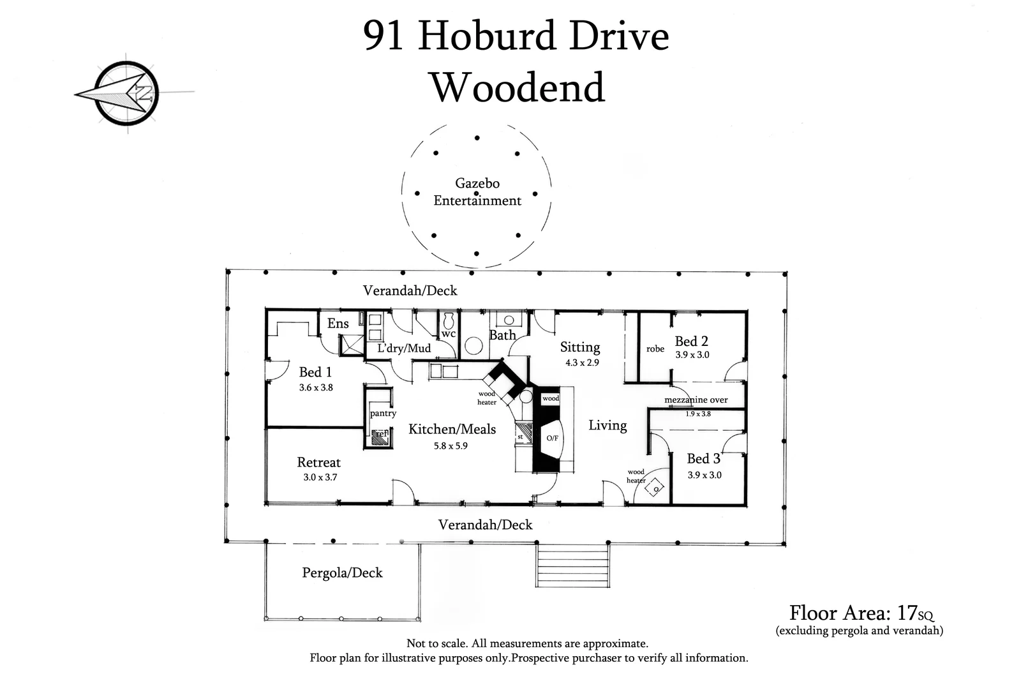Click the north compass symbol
click(128, 93)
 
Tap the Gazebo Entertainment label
click(477, 191)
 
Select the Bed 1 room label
click(315, 372)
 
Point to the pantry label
click(383, 413)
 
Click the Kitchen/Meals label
click(452, 429)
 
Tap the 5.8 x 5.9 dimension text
click(451, 446)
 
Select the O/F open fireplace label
click(552, 438)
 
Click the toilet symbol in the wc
click(448, 318)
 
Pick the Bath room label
click(502, 335)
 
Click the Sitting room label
click(580, 347)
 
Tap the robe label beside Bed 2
click(655, 349)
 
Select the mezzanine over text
click(696, 400)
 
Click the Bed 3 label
click(703, 458)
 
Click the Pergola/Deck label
click(342, 572)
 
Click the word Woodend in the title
click(518, 87)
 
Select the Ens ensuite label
click(338, 324)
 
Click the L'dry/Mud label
click(404, 348)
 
